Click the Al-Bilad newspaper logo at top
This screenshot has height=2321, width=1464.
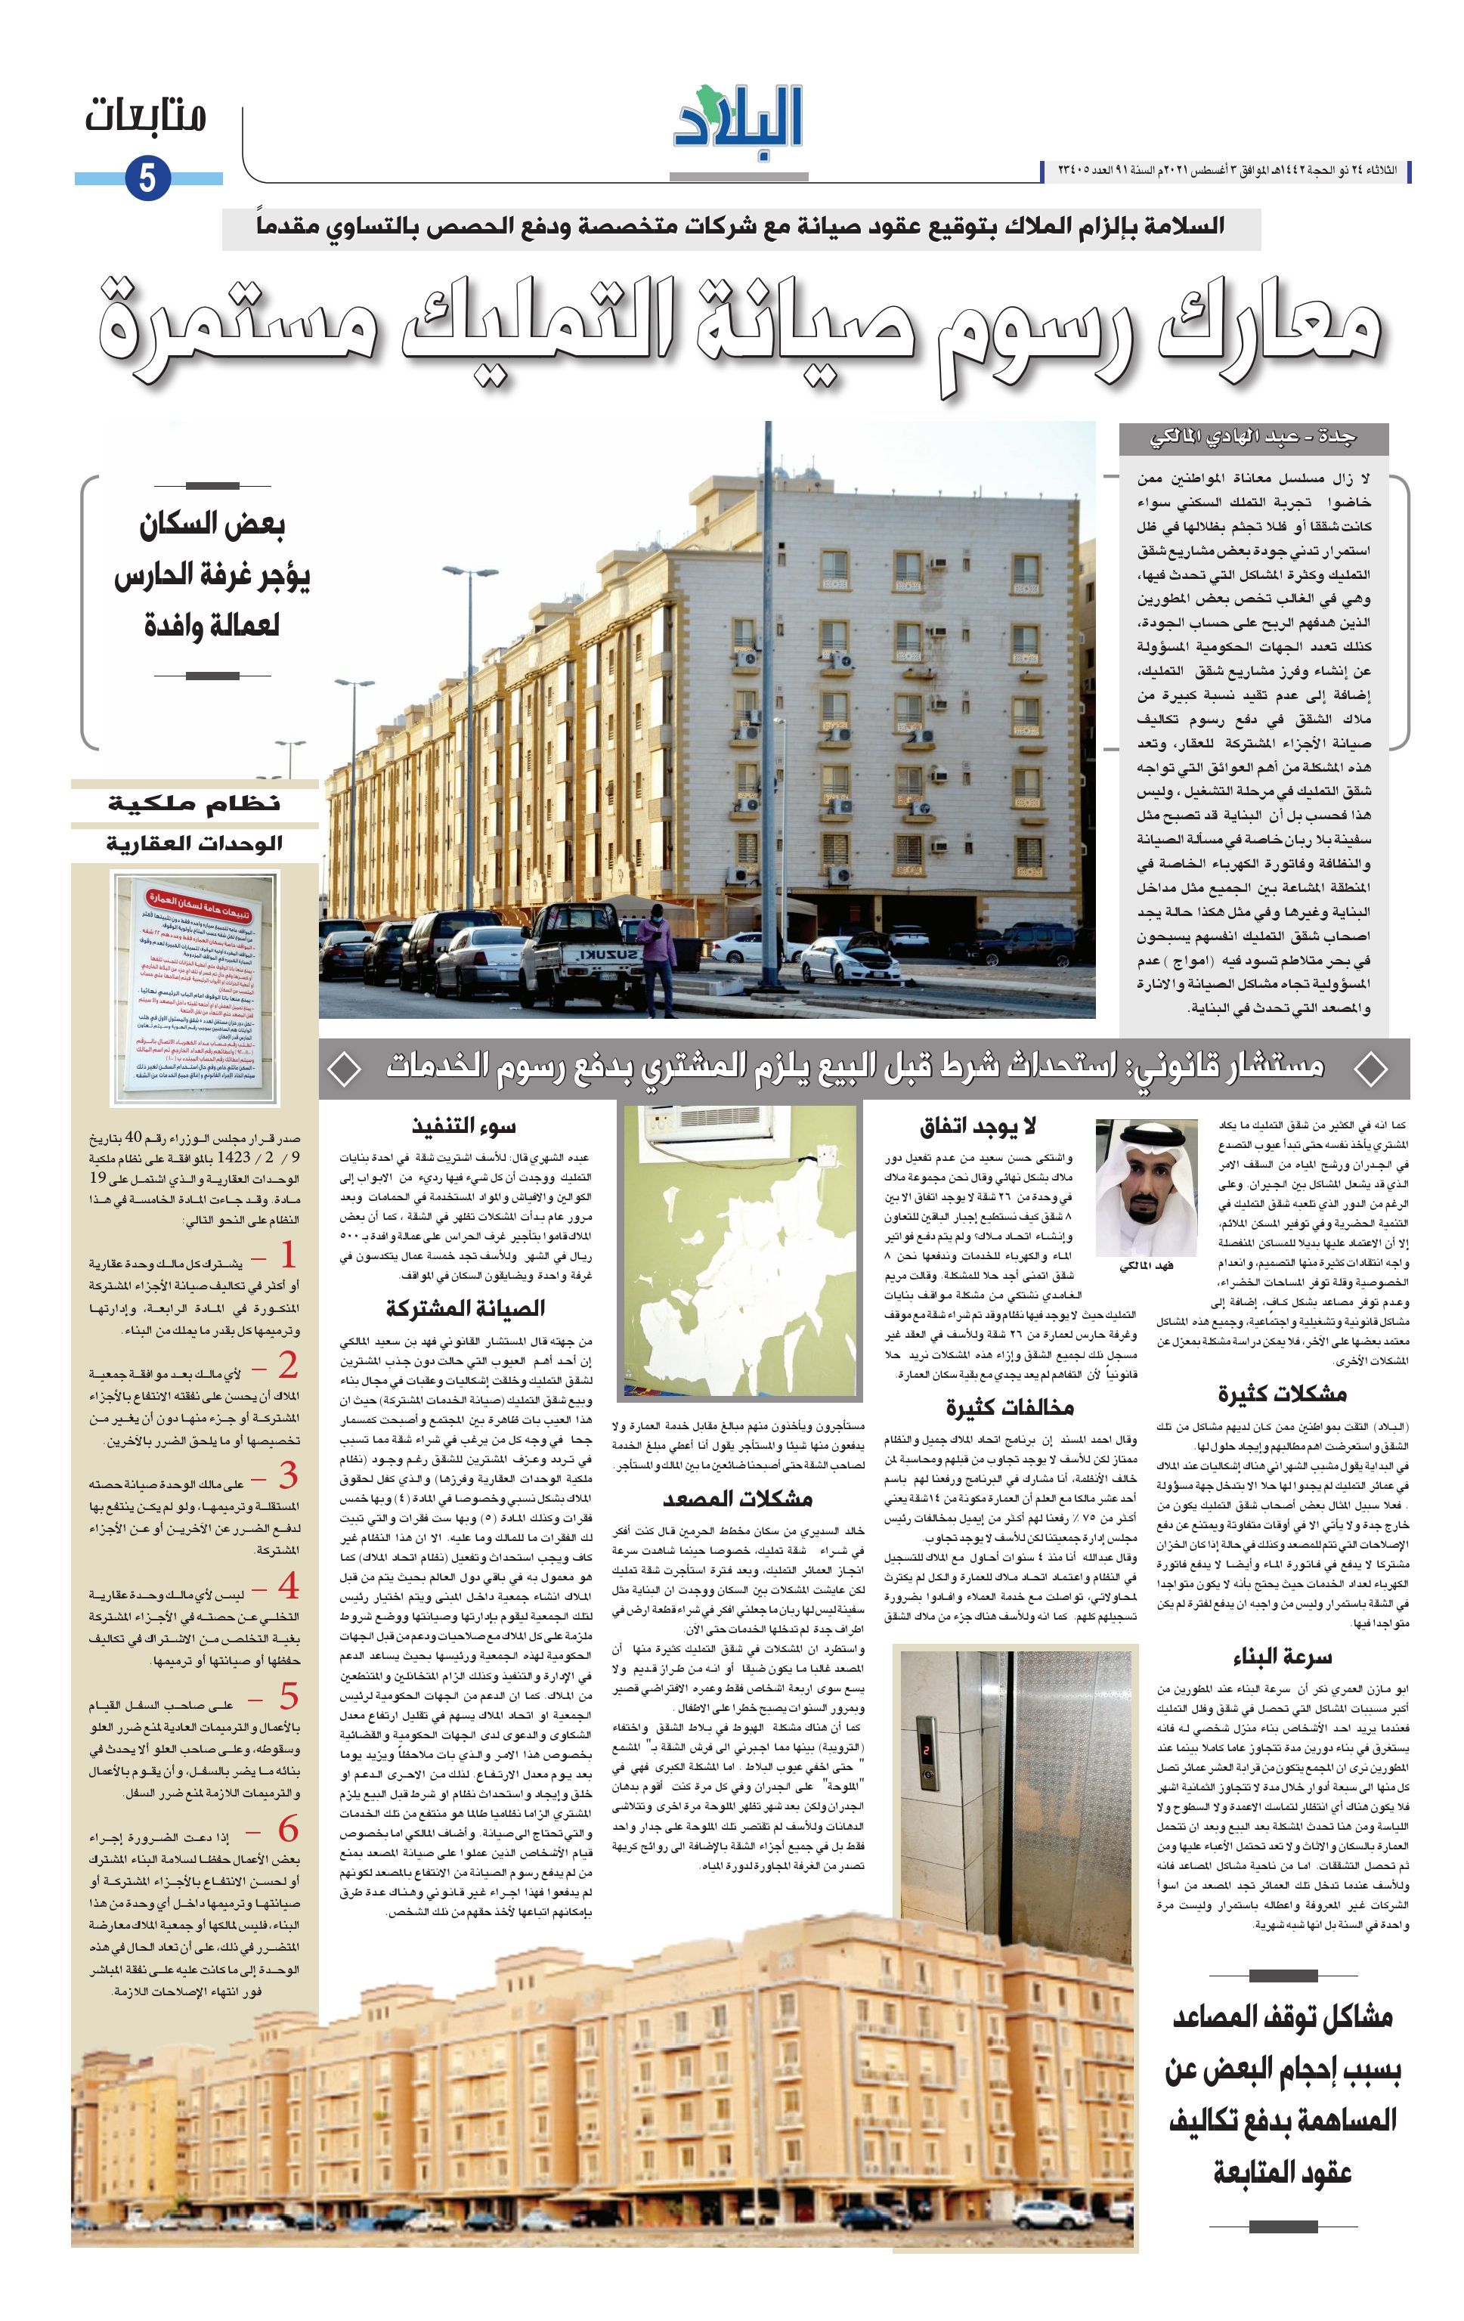tap(738, 119)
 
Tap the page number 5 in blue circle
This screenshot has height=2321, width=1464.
tap(147, 178)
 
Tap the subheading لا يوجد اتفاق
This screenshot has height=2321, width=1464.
tap(977, 1125)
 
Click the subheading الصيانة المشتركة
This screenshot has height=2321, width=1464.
tap(465, 1308)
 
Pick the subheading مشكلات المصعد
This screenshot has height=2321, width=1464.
tap(738, 1498)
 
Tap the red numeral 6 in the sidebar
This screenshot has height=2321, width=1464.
tap(287, 1828)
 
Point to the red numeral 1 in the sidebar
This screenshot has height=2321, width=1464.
tap(287, 1254)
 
